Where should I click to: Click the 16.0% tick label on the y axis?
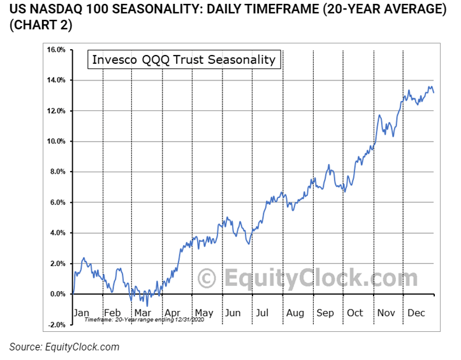(x=55, y=50)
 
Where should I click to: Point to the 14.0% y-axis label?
(x=55, y=80)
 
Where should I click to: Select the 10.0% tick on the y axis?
(x=55, y=142)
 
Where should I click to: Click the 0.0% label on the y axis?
(x=57, y=294)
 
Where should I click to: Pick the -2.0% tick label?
(x=55, y=325)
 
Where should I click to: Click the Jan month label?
(x=82, y=313)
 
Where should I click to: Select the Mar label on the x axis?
(x=142, y=313)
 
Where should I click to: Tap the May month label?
(x=204, y=313)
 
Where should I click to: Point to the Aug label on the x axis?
(x=295, y=313)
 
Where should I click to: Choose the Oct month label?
(x=355, y=313)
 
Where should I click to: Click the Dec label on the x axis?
(x=416, y=313)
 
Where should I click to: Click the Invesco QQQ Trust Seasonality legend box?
(x=184, y=60)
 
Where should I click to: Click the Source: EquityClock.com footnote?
(x=64, y=347)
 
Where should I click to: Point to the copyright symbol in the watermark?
(x=207, y=278)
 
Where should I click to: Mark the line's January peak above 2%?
(x=84, y=259)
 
